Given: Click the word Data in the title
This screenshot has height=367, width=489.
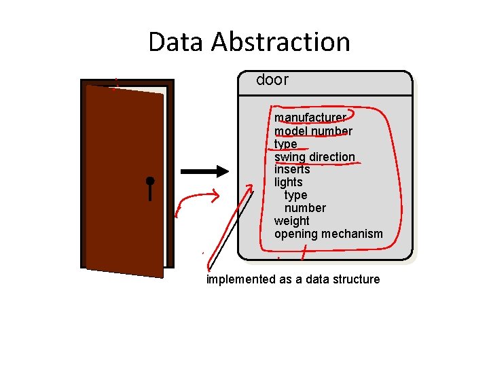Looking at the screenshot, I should [x=177, y=42].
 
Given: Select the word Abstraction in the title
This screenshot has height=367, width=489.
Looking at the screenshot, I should [x=280, y=42].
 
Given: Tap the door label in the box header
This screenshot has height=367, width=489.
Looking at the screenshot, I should [x=272, y=80].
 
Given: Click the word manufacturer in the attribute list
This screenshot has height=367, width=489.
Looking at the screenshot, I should [x=310, y=118].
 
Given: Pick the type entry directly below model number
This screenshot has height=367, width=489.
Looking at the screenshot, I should [x=286, y=144].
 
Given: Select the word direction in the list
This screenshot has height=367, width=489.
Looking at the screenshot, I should [x=332, y=157].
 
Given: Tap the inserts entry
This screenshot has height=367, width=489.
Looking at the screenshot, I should [x=292, y=169].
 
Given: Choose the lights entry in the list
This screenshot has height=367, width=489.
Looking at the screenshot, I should [x=289, y=182].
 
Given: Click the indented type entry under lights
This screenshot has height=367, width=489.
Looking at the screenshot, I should [x=296, y=195].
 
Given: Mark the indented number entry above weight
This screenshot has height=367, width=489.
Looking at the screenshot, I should [x=305, y=208].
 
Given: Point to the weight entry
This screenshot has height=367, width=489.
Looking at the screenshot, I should [x=292, y=221].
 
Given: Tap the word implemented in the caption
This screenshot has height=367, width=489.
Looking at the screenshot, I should [x=241, y=279].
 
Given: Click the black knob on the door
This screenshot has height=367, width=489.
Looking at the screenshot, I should [x=150, y=181].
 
